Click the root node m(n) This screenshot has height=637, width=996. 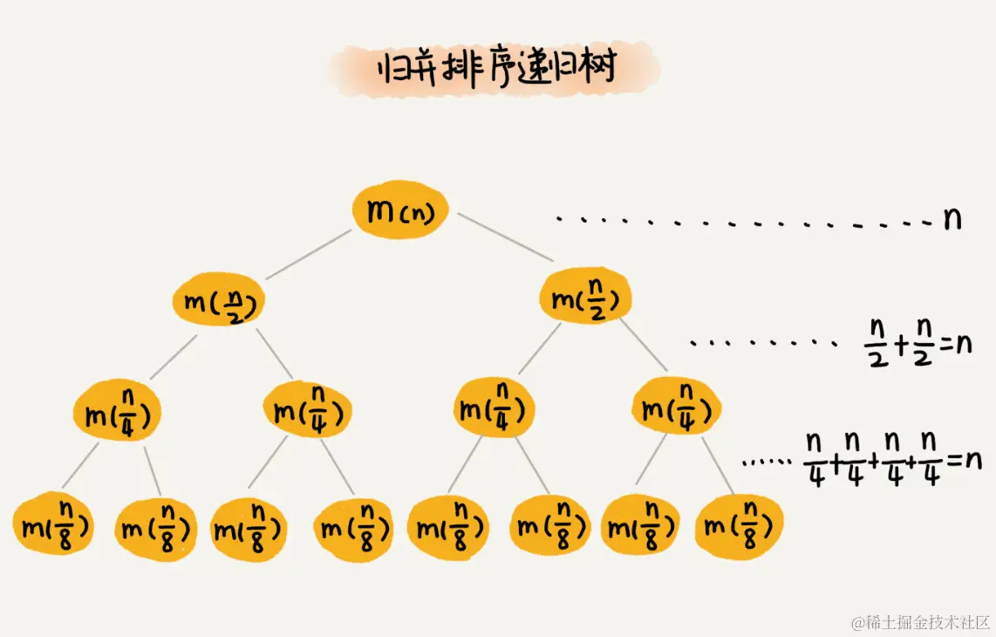[400, 210]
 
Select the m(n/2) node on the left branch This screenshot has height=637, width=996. [218, 300]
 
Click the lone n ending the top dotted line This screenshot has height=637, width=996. [952, 218]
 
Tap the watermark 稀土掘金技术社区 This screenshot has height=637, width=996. [920, 621]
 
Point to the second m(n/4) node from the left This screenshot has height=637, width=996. [307, 410]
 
